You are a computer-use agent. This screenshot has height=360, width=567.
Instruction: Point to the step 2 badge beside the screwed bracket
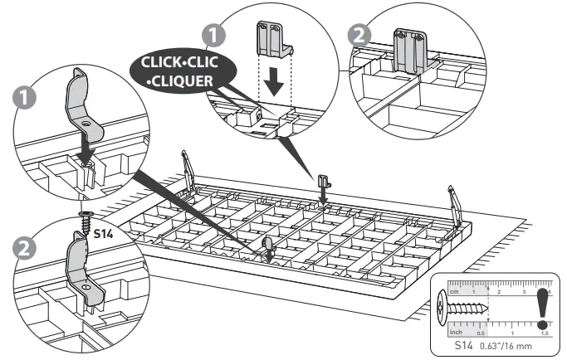tap(25, 247)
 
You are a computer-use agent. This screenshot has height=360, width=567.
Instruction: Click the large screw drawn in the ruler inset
tap(466, 314)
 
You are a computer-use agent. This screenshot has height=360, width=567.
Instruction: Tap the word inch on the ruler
tap(456, 331)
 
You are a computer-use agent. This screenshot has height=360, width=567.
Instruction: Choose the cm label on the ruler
tap(453, 293)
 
